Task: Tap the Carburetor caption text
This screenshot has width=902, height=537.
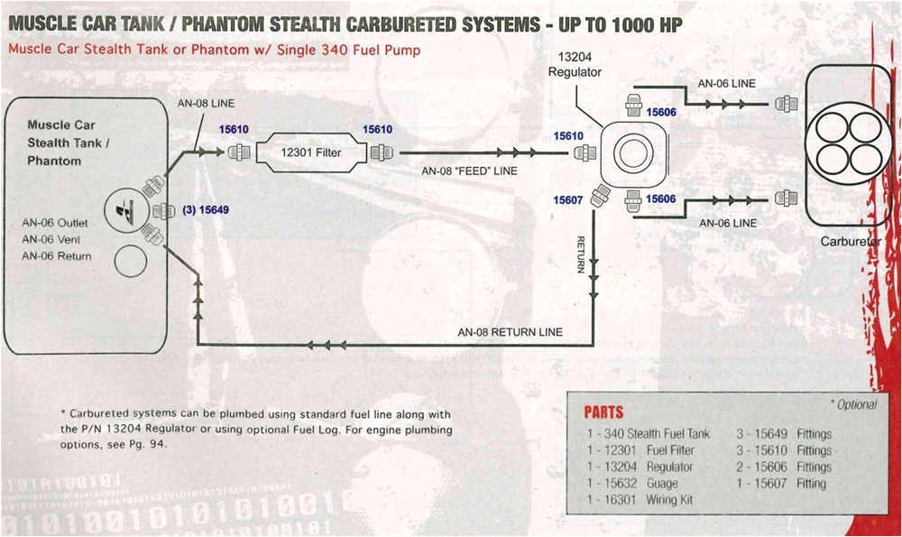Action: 850,242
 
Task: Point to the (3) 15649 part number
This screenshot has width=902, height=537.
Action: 205,210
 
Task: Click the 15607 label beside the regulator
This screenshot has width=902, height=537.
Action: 570,200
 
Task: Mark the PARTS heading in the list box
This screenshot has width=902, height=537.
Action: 603,412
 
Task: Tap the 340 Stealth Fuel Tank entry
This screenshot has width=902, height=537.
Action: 648,434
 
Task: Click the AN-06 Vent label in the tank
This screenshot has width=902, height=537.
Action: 52,239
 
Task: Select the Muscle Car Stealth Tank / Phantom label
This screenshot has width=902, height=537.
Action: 62,143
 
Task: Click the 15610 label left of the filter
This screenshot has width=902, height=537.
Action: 234,130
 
